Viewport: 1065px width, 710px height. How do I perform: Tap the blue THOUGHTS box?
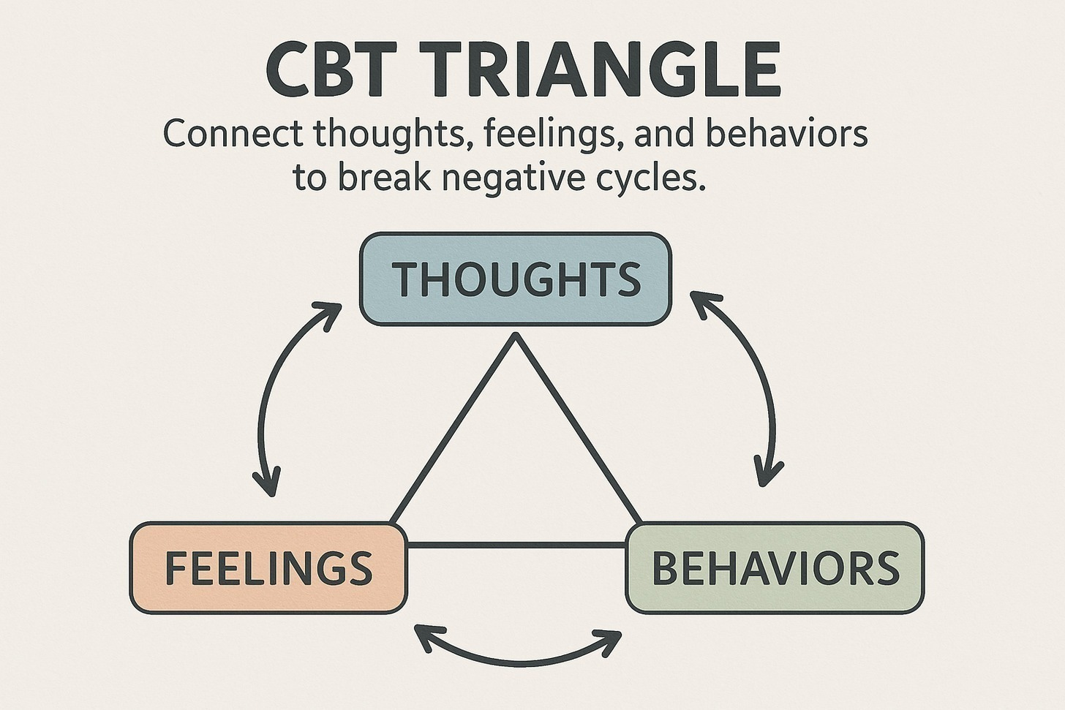point(515,279)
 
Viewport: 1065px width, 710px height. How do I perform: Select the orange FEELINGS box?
point(268,568)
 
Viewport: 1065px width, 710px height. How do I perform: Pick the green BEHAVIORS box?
point(775,568)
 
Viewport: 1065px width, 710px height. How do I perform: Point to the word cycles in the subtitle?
point(644,178)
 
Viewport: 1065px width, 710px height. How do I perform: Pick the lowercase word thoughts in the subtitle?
point(388,136)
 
